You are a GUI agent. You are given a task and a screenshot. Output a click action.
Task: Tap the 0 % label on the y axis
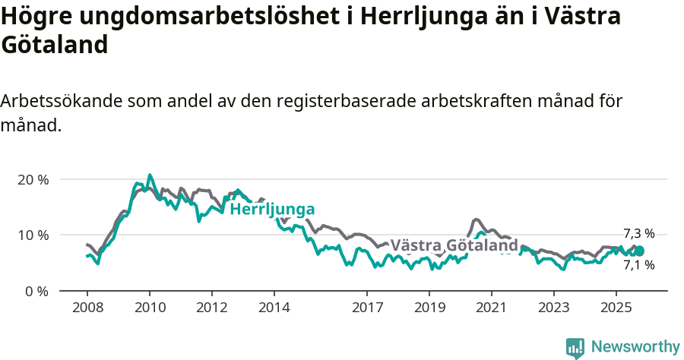(36, 291)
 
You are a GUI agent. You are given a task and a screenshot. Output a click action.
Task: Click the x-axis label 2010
(149, 308)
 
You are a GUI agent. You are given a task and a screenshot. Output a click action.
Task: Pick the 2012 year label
(211, 308)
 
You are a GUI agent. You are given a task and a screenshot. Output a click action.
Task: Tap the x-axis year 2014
(274, 308)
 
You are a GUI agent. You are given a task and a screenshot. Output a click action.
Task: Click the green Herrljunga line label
(272, 210)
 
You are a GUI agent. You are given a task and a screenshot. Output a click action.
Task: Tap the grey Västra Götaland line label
(454, 245)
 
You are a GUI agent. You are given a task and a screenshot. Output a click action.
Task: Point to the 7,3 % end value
(638, 234)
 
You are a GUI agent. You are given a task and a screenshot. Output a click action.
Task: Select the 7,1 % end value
(638, 265)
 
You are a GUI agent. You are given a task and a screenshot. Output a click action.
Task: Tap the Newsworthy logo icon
(575, 348)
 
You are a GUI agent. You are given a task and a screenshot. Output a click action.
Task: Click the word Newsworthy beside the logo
(635, 347)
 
